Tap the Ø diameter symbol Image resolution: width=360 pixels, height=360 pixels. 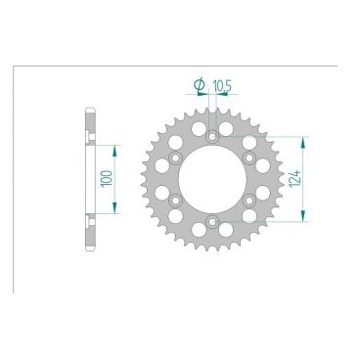200,86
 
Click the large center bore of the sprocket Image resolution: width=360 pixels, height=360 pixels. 212,179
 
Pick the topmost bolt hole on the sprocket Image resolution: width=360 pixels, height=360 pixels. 212,135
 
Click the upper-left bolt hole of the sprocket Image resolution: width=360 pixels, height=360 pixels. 175,157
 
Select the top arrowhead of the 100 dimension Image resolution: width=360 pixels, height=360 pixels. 116,148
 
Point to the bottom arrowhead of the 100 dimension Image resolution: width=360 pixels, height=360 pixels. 116,209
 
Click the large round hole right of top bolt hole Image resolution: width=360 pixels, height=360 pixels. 227,128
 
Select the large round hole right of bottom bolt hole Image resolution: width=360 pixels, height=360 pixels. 227,230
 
